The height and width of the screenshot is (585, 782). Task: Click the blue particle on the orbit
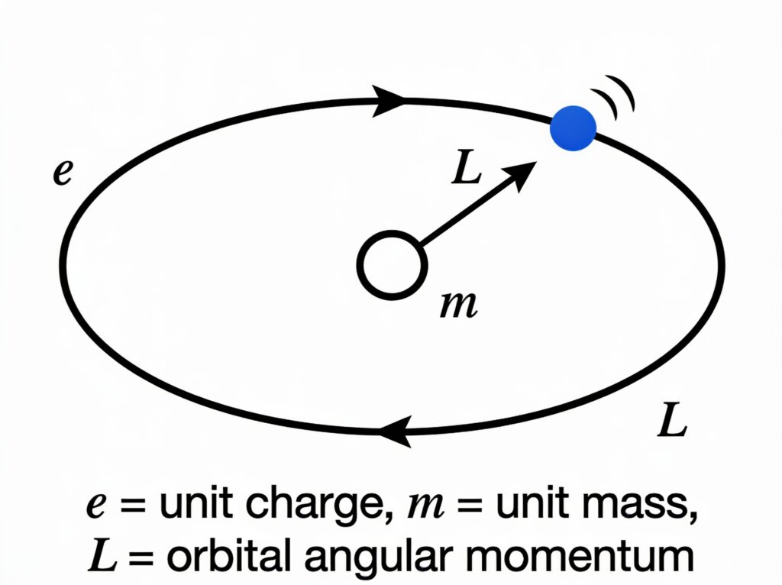[573, 128]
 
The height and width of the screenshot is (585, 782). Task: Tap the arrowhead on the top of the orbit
[389, 101]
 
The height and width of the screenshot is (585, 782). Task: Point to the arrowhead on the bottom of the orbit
[396, 431]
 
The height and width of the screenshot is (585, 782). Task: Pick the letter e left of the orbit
[63, 173]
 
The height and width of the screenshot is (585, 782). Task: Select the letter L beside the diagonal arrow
[467, 167]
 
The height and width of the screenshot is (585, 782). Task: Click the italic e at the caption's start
[96, 506]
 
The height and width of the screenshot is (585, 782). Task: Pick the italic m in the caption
[425, 506]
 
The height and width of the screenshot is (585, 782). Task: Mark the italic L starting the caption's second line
[102, 556]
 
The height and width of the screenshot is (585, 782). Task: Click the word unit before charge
[195, 504]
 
